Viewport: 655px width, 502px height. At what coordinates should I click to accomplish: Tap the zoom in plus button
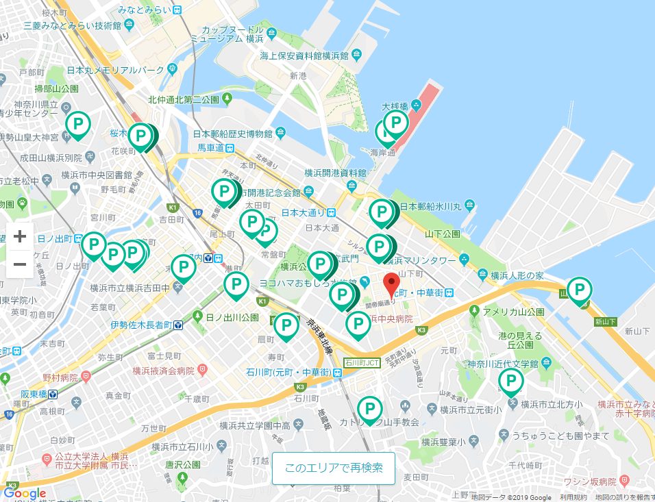coord(20,237)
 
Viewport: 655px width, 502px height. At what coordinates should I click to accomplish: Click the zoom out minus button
coord(20,264)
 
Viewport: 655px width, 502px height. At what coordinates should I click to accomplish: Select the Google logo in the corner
coord(25,493)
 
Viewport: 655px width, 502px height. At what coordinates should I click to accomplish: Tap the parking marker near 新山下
coord(580,291)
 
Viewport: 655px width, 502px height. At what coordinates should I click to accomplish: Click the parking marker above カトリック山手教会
coord(370,410)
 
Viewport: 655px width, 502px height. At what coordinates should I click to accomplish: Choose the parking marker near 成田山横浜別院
coord(78,125)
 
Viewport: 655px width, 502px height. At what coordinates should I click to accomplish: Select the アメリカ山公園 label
coord(513,312)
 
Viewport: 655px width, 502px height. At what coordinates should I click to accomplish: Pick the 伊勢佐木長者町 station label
coord(141,325)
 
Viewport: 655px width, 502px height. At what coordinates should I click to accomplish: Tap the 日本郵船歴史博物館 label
coord(233,134)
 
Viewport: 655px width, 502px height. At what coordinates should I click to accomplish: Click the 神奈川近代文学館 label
coord(504,362)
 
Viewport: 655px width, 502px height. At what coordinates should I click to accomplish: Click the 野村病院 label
coord(60,377)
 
